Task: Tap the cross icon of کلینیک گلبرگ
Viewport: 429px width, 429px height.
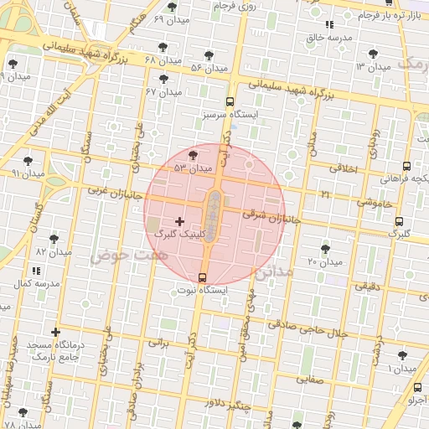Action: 179,221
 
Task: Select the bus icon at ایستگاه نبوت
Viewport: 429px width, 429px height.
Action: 202,277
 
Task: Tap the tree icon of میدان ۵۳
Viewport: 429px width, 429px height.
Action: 194,154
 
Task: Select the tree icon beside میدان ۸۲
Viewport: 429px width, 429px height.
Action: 54,239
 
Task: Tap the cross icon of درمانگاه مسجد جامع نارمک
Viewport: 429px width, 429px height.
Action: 56,333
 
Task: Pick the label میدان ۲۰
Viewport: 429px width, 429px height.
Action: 326,262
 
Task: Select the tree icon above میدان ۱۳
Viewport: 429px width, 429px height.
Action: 383,51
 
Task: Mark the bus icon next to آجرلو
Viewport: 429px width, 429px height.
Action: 418,387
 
